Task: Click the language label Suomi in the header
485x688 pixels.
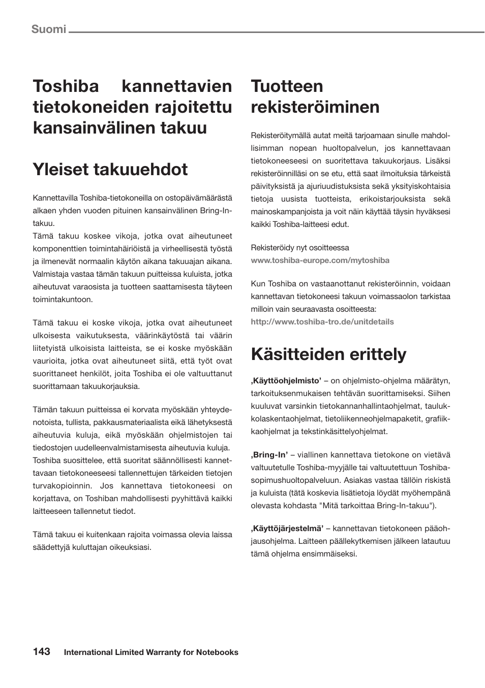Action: [x=49, y=29]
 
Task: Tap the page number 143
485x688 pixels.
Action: [x=42, y=651]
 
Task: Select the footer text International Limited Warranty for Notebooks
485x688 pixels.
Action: [x=151, y=652]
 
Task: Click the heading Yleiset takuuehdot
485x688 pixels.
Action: [x=110, y=169]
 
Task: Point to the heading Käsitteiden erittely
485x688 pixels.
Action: [x=328, y=354]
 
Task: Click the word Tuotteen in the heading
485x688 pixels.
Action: [x=287, y=86]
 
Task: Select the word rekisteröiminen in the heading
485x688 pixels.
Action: [x=315, y=107]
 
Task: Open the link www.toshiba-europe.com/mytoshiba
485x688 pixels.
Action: [x=320, y=260]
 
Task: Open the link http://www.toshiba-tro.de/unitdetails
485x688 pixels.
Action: [x=322, y=322]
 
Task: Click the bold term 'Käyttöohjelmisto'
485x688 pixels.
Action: [x=286, y=381]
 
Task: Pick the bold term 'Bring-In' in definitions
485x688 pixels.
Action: [x=269, y=455]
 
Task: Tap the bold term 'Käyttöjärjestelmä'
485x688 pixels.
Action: [x=287, y=529]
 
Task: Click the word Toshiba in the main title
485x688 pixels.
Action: [x=66, y=86]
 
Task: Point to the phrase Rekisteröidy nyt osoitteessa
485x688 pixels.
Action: [x=300, y=248]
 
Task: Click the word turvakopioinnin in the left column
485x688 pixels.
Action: [x=63, y=486]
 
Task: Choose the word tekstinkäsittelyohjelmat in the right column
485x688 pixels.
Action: [x=345, y=432]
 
